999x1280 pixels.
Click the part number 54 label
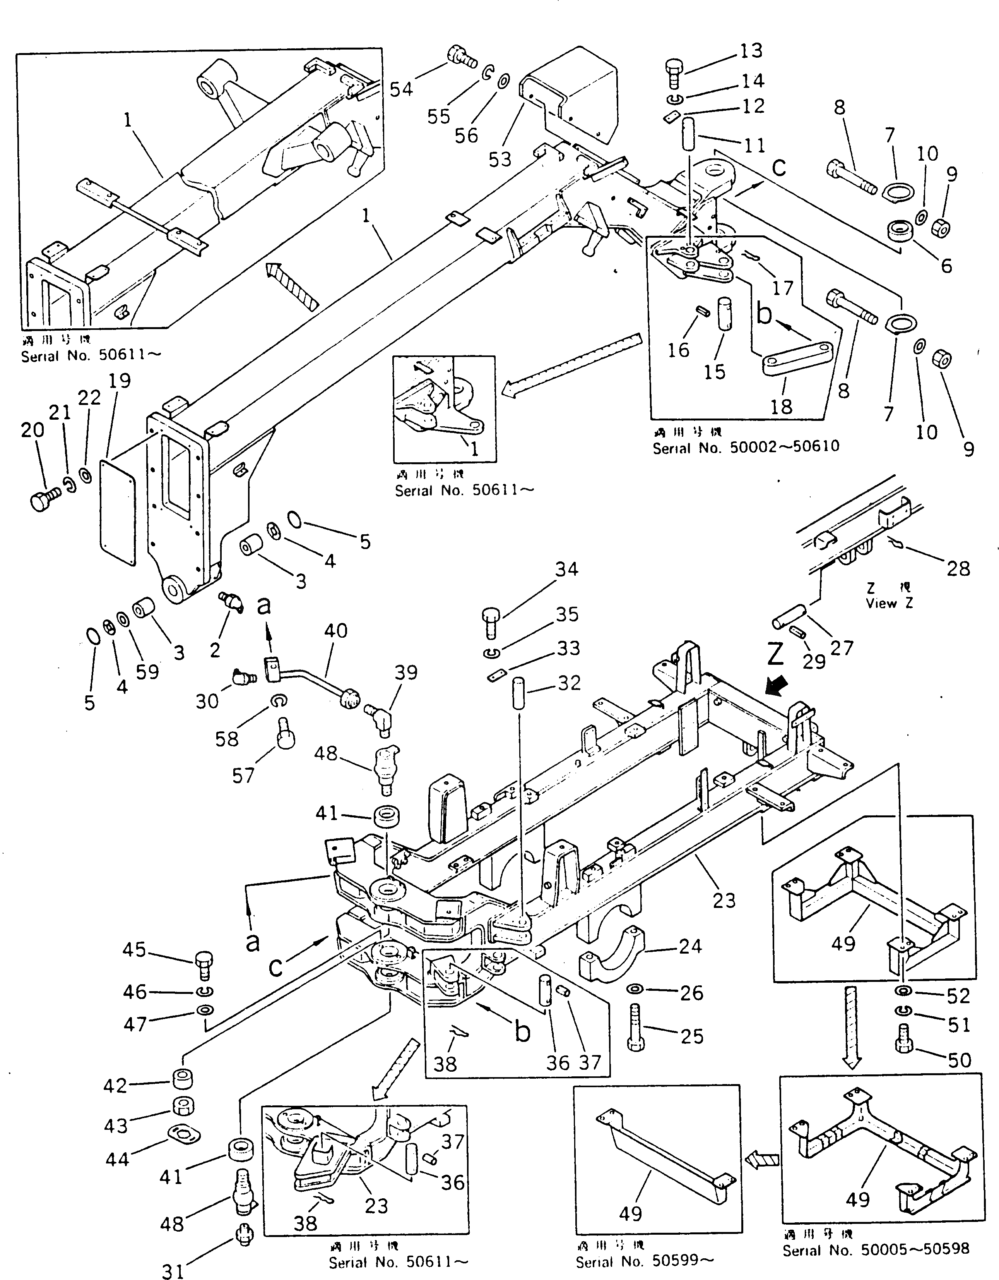pos(401,89)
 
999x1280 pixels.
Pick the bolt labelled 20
pos(43,500)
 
